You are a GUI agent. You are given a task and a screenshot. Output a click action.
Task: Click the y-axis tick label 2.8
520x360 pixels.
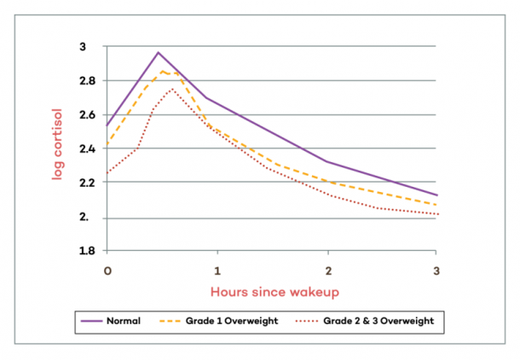click(x=88, y=81)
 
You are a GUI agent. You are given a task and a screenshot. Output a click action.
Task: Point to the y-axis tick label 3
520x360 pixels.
click(x=93, y=47)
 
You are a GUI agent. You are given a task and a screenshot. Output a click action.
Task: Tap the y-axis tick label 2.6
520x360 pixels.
click(x=88, y=115)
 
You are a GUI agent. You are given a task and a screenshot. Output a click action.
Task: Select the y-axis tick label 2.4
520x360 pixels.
click(x=88, y=149)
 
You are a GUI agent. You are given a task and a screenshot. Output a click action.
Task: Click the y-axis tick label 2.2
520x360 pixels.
click(x=88, y=183)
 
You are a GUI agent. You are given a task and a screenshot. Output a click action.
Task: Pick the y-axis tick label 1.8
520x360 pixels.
click(x=88, y=252)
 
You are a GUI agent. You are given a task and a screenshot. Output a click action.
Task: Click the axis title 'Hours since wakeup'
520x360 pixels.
click(x=272, y=291)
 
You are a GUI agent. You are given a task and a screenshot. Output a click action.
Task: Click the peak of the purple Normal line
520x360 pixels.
click(x=159, y=52)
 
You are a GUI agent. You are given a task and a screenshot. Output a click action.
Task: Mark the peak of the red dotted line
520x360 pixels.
click(x=171, y=88)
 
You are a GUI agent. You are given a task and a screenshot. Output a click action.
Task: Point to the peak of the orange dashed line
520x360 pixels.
click(x=164, y=71)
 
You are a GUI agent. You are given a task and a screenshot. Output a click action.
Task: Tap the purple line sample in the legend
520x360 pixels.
click(x=90, y=322)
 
